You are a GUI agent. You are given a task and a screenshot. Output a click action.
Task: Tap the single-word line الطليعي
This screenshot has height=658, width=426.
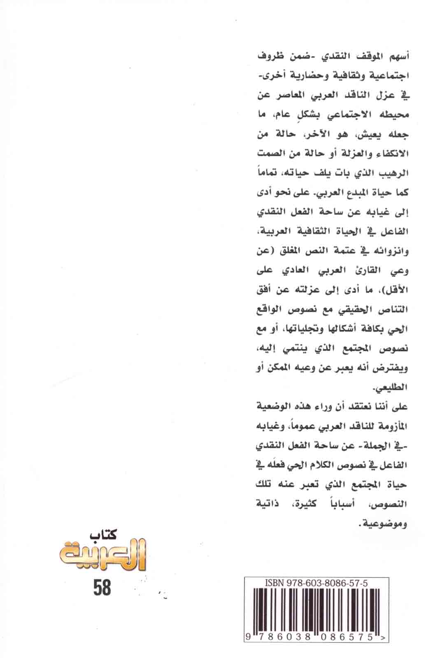coord(391,387)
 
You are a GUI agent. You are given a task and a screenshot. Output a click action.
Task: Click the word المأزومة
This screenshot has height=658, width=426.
coord(391,425)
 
